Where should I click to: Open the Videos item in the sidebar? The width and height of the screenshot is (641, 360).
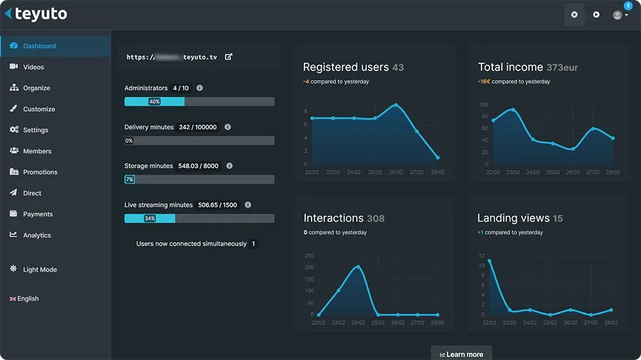[33, 67]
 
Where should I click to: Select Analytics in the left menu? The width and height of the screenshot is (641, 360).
[37, 235]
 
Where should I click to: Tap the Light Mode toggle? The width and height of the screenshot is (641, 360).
[40, 270]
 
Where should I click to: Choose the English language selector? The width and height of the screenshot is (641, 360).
[28, 299]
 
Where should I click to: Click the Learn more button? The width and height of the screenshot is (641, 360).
[462, 354]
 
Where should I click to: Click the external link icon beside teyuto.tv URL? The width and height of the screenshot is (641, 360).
[229, 57]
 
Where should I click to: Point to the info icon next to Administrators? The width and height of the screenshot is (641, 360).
[200, 88]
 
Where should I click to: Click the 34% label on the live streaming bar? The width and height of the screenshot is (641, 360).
[150, 218]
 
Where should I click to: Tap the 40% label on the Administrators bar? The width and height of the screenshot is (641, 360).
[154, 101]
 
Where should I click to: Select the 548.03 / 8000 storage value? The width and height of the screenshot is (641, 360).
[198, 166]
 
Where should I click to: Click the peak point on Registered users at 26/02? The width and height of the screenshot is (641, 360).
[396, 105]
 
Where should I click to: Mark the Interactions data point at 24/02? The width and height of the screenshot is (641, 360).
[358, 267]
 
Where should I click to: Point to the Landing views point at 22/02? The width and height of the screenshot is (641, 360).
[490, 261]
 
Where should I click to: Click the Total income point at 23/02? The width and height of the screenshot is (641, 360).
[513, 110]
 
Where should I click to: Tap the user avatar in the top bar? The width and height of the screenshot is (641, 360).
[617, 15]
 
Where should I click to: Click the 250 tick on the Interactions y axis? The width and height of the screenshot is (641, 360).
[309, 256]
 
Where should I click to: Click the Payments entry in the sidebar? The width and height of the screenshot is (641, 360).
[38, 214]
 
